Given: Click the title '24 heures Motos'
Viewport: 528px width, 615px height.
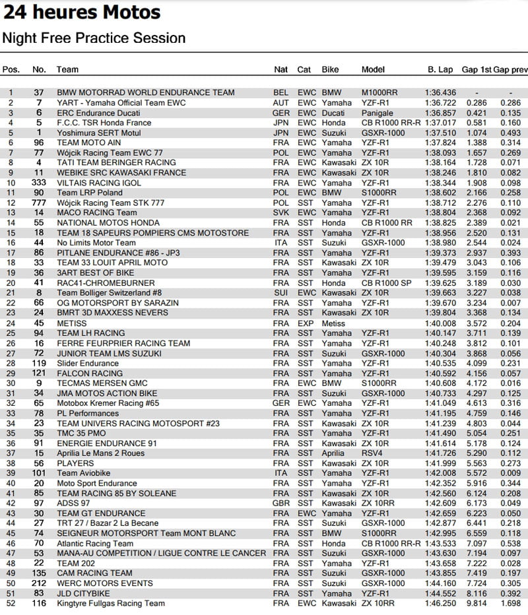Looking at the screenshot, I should tap(81, 13).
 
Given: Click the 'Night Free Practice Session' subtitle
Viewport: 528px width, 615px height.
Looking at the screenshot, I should tap(94, 38).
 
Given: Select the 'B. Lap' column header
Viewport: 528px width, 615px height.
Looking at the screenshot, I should tap(440, 69).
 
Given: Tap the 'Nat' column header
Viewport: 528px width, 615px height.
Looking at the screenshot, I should tap(280, 69).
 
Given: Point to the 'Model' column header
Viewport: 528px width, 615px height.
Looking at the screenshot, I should tap(373, 69).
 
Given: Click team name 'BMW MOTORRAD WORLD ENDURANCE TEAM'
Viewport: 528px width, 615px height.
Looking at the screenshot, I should tap(145, 93).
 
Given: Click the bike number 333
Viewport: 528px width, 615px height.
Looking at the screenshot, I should tap(39, 183).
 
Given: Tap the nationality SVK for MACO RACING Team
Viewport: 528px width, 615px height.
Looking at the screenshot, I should tap(280, 213).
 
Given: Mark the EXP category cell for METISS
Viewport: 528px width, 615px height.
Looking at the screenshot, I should tap(305, 323).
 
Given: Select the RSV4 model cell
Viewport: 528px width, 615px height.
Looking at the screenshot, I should tap(372, 453).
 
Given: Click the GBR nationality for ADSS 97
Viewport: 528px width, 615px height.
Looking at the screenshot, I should tap(280, 503).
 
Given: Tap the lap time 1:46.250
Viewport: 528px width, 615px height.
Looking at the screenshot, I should tap(440, 603).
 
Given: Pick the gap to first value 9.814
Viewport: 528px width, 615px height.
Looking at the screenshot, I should tap(476, 603).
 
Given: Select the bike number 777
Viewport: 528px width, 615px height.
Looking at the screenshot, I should tap(39, 203).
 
